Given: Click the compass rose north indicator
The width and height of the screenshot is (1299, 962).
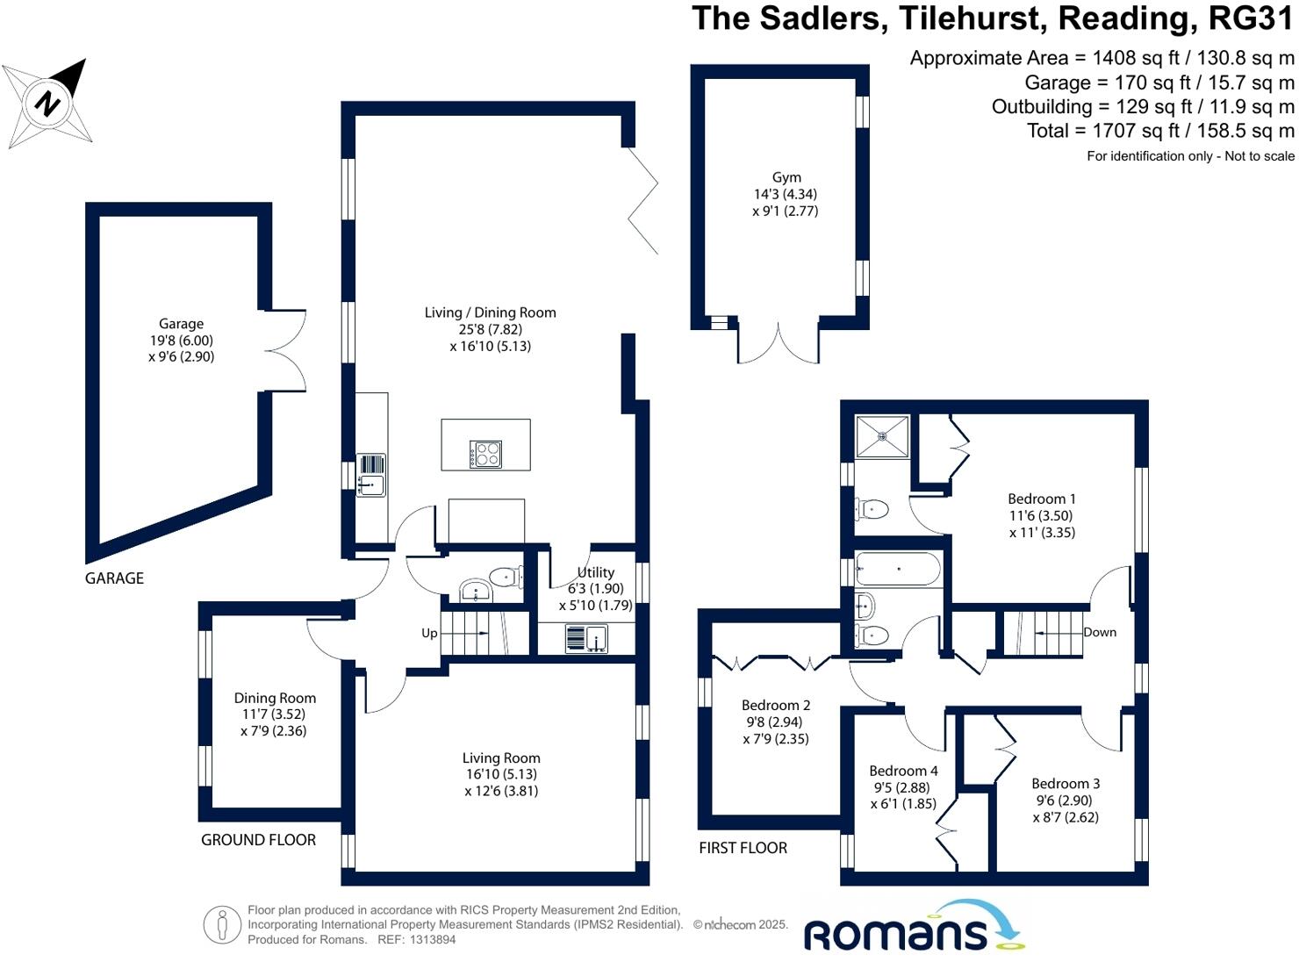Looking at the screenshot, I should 48,104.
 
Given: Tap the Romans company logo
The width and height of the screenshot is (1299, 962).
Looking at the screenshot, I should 913,927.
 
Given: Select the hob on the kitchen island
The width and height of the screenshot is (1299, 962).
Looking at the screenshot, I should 485,454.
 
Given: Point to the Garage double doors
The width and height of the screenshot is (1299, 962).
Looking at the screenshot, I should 287,351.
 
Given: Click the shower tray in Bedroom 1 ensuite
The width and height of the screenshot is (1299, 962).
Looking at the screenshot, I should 882,435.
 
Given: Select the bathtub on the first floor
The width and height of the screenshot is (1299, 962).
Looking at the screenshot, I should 898,569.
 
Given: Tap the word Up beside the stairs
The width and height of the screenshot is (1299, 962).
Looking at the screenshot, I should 429,633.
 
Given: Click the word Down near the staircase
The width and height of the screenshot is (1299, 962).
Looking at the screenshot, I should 1099,632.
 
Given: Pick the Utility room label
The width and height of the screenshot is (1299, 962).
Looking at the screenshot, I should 595,572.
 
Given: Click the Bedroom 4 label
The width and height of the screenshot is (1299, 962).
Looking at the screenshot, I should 903,771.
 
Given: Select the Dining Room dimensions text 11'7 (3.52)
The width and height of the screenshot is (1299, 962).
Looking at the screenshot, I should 274,714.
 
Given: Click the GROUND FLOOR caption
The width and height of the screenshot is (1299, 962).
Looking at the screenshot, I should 258,840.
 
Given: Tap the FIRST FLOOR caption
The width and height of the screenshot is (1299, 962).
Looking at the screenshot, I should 743,848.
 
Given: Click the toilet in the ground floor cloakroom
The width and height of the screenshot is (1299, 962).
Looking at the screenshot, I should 505,578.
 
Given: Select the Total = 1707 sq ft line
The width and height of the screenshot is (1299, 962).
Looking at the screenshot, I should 1160,131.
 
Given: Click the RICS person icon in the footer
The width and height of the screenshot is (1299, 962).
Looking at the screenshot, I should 222,925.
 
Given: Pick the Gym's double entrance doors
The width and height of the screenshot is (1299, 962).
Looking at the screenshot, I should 779,343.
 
